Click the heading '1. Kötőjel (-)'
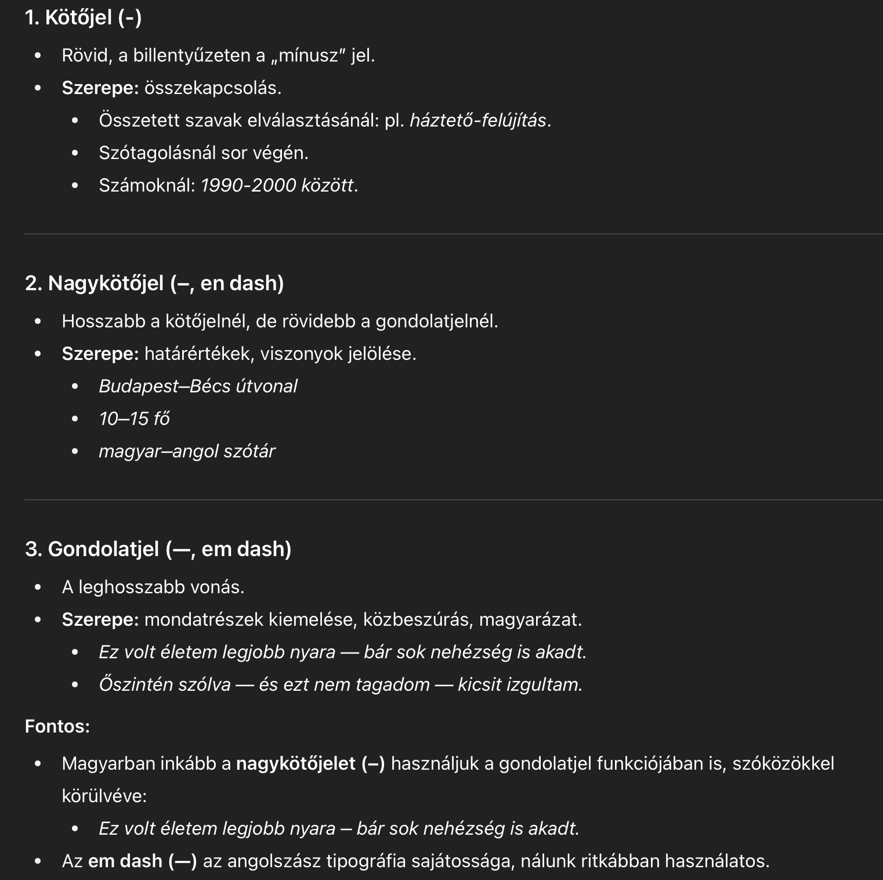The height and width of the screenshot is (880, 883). click(83, 17)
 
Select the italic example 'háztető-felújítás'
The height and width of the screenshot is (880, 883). click(477, 121)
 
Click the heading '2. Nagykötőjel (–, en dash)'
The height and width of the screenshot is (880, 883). click(154, 283)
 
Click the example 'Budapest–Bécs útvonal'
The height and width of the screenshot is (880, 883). click(198, 387)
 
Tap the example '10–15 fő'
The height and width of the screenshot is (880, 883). click(134, 419)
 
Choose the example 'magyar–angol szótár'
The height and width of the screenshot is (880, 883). click(187, 452)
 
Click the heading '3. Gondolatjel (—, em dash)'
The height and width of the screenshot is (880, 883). click(158, 549)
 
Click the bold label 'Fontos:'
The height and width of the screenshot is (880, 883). click(57, 726)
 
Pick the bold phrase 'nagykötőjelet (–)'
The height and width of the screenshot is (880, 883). click(310, 763)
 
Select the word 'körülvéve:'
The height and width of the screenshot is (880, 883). click(104, 796)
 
